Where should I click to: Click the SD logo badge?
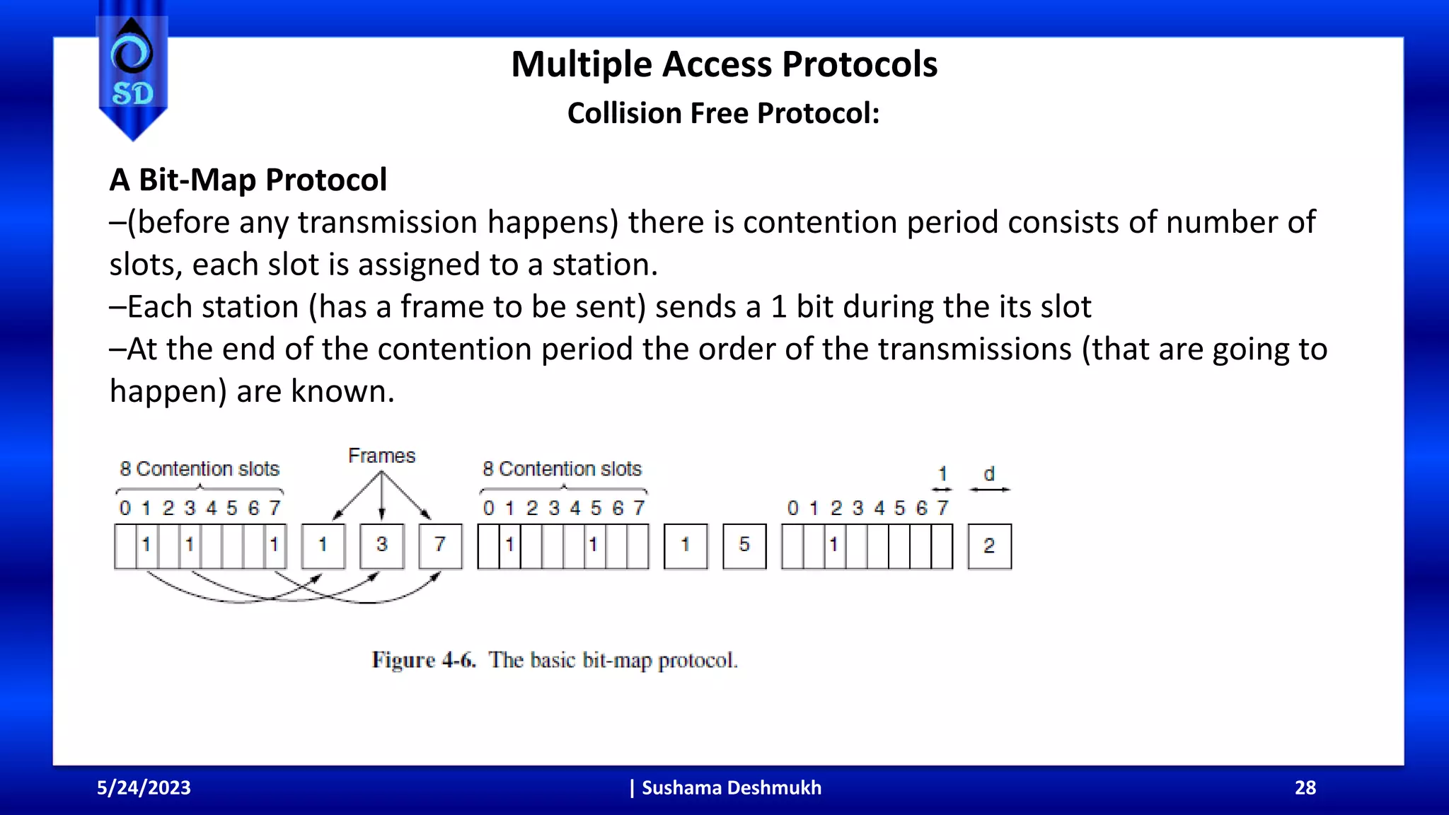[x=132, y=71]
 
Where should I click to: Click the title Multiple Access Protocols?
[x=724, y=64]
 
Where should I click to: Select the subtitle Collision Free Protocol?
[x=723, y=113]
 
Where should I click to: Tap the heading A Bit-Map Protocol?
[x=248, y=180]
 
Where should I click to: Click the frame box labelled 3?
[x=382, y=545]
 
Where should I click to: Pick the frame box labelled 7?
[x=440, y=545]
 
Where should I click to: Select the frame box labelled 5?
[x=744, y=545]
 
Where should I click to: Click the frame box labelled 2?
[x=989, y=545]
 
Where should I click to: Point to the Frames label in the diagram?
[x=381, y=456]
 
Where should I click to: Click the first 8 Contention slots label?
[x=200, y=469]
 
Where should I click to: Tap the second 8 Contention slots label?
[x=562, y=469]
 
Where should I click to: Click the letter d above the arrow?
[x=989, y=474]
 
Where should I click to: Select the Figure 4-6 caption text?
[x=555, y=660]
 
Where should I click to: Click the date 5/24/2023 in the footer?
[x=144, y=788]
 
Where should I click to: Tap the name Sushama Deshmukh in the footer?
[x=731, y=788]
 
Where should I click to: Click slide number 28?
[x=1305, y=788]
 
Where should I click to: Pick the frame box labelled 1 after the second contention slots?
[x=686, y=545]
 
